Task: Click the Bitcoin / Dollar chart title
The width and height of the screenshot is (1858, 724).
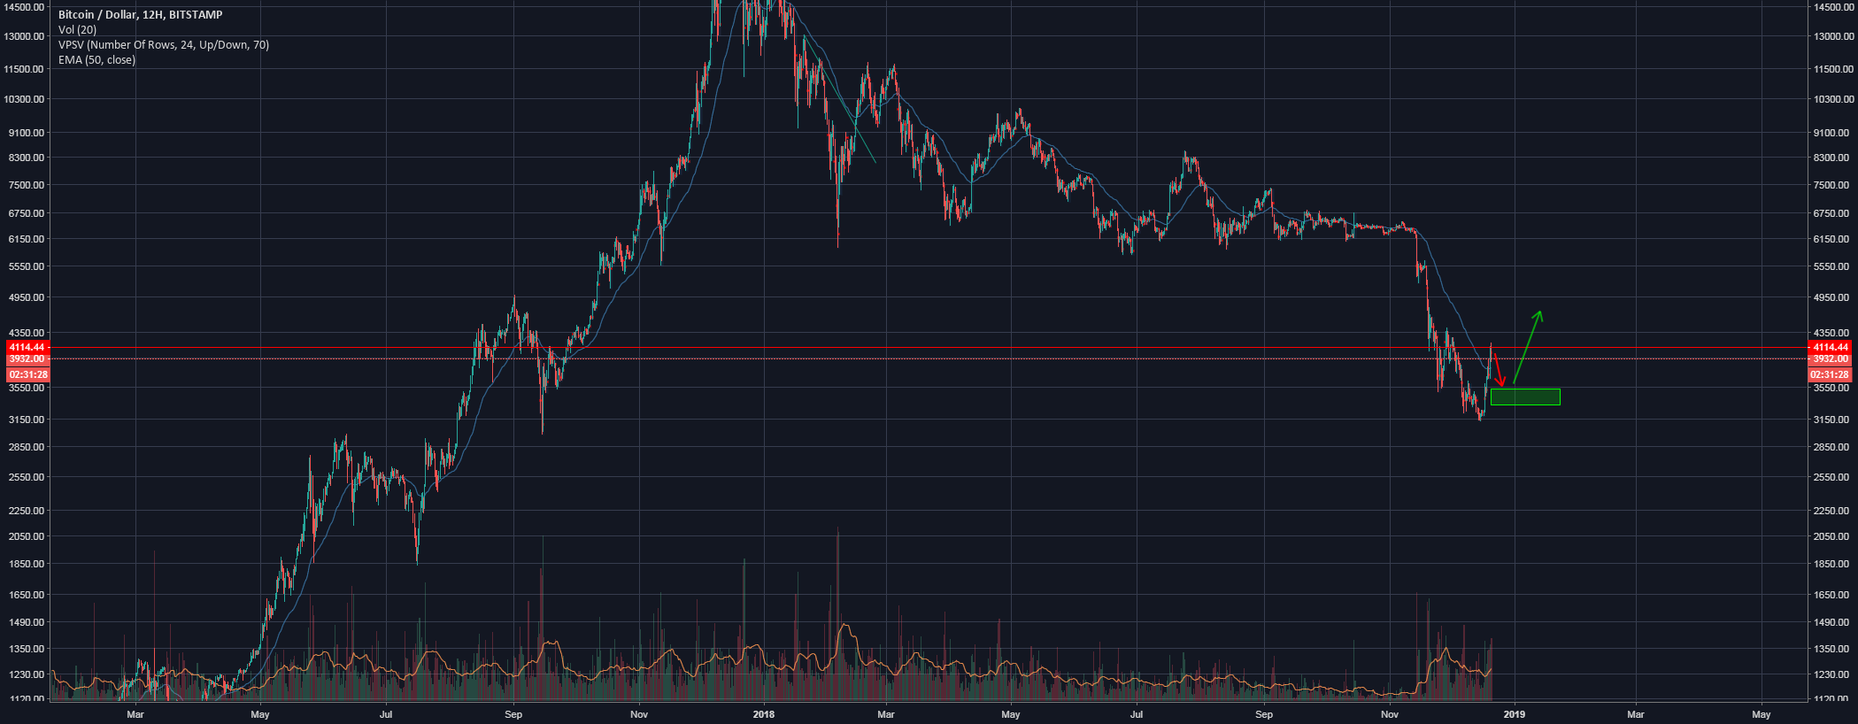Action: tap(140, 15)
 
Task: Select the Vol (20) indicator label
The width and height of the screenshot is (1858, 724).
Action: tap(78, 30)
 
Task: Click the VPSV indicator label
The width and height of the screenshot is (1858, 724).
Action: tap(164, 45)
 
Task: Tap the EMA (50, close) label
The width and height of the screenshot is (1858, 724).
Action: tap(96, 60)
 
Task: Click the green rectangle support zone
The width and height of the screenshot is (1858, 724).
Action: tap(1524, 397)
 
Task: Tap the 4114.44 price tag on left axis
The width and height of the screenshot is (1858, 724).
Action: tap(27, 347)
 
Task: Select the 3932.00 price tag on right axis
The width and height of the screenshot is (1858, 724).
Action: tap(1830, 359)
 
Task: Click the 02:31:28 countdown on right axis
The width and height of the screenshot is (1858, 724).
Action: tap(1830, 375)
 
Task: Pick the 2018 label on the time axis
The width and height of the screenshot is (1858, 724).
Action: tap(763, 714)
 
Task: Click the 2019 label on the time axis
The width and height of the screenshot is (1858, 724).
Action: tap(1515, 714)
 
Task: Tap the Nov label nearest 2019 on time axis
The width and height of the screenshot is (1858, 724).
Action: tap(1390, 714)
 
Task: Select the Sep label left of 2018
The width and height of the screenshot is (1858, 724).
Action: tap(513, 714)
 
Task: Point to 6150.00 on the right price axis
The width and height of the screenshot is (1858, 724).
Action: tap(1831, 239)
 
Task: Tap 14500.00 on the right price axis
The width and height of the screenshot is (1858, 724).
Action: tap(1831, 7)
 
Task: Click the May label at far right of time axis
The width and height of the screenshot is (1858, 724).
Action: tap(1762, 714)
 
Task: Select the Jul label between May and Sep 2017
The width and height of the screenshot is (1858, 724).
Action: tap(386, 714)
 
